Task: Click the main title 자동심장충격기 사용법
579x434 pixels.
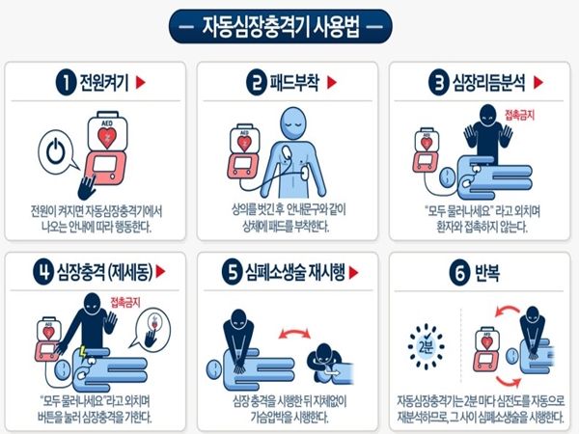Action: coord(280,27)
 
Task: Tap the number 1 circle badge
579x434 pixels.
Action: coord(66,83)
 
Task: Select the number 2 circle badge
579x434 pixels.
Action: coord(257,83)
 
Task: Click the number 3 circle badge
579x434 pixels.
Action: coord(438,83)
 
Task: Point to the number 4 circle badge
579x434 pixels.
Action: coord(43,273)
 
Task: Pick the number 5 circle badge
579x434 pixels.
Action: coord(232,273)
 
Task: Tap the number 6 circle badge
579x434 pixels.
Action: coord(459,273)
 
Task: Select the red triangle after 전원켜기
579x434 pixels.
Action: coord(140,83)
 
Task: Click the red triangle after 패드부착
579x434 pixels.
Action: coord(332,83)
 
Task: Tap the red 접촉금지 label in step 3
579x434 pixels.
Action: coord(519,115)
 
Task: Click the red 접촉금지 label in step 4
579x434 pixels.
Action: coord(125,303)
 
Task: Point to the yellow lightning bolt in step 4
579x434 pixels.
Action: coord(83,352)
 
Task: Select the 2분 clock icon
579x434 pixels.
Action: coord(427,346)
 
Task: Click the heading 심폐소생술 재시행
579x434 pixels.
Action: coord(295,273)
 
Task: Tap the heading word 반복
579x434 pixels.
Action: coord(487,273)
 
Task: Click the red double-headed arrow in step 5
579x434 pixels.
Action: coord(294,334)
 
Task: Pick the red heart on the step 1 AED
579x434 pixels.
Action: coord(107,137)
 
